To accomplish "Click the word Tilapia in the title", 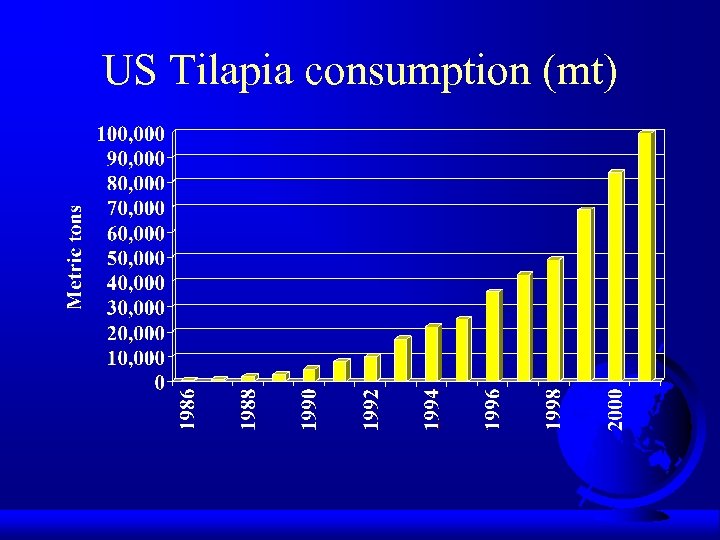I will tap(225, 72).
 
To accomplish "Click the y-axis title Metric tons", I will tap(75, 257).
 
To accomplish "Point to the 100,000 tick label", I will tap(131, 132).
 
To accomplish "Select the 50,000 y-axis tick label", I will tap(135, 257).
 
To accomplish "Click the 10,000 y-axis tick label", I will tap(135, 357).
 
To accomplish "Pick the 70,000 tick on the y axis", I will tap(135, 207).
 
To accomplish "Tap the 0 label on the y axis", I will tap(159, 382).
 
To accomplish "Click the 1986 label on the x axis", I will tap(187, 410).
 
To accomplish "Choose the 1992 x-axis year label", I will tap(370, 410).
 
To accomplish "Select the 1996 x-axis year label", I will tap(493, 410).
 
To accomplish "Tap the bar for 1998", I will tap(554, 320).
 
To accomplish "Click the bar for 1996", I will tap(493, 336).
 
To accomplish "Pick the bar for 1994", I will tap(432, 353).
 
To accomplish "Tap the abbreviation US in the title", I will tap(128, 72).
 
